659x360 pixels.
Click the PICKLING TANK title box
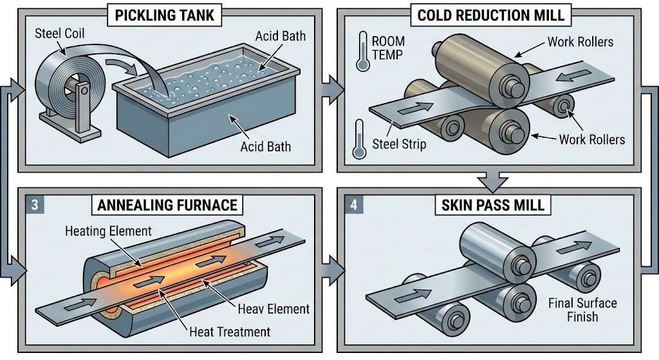coord(165,15)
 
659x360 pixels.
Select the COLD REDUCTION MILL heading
coord(490,15)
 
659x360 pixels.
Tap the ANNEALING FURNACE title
coord(167,205)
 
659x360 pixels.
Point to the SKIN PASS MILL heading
coord(492,205)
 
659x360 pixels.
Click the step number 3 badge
coord(35,205)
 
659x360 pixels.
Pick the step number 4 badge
coord(353,205)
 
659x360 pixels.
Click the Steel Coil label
coord(60,33)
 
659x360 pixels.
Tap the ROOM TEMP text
coord(388,48)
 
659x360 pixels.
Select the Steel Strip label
coord(399,144)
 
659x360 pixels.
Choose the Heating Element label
coord(108,231)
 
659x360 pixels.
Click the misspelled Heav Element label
coord(274,308)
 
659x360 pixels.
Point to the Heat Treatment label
coord(230,332)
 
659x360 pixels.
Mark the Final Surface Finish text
coord(582,310)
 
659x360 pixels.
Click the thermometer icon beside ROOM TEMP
coord(362,52)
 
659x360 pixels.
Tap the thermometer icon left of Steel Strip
coord(358,139)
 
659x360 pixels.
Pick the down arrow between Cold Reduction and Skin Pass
coord(493,181)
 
